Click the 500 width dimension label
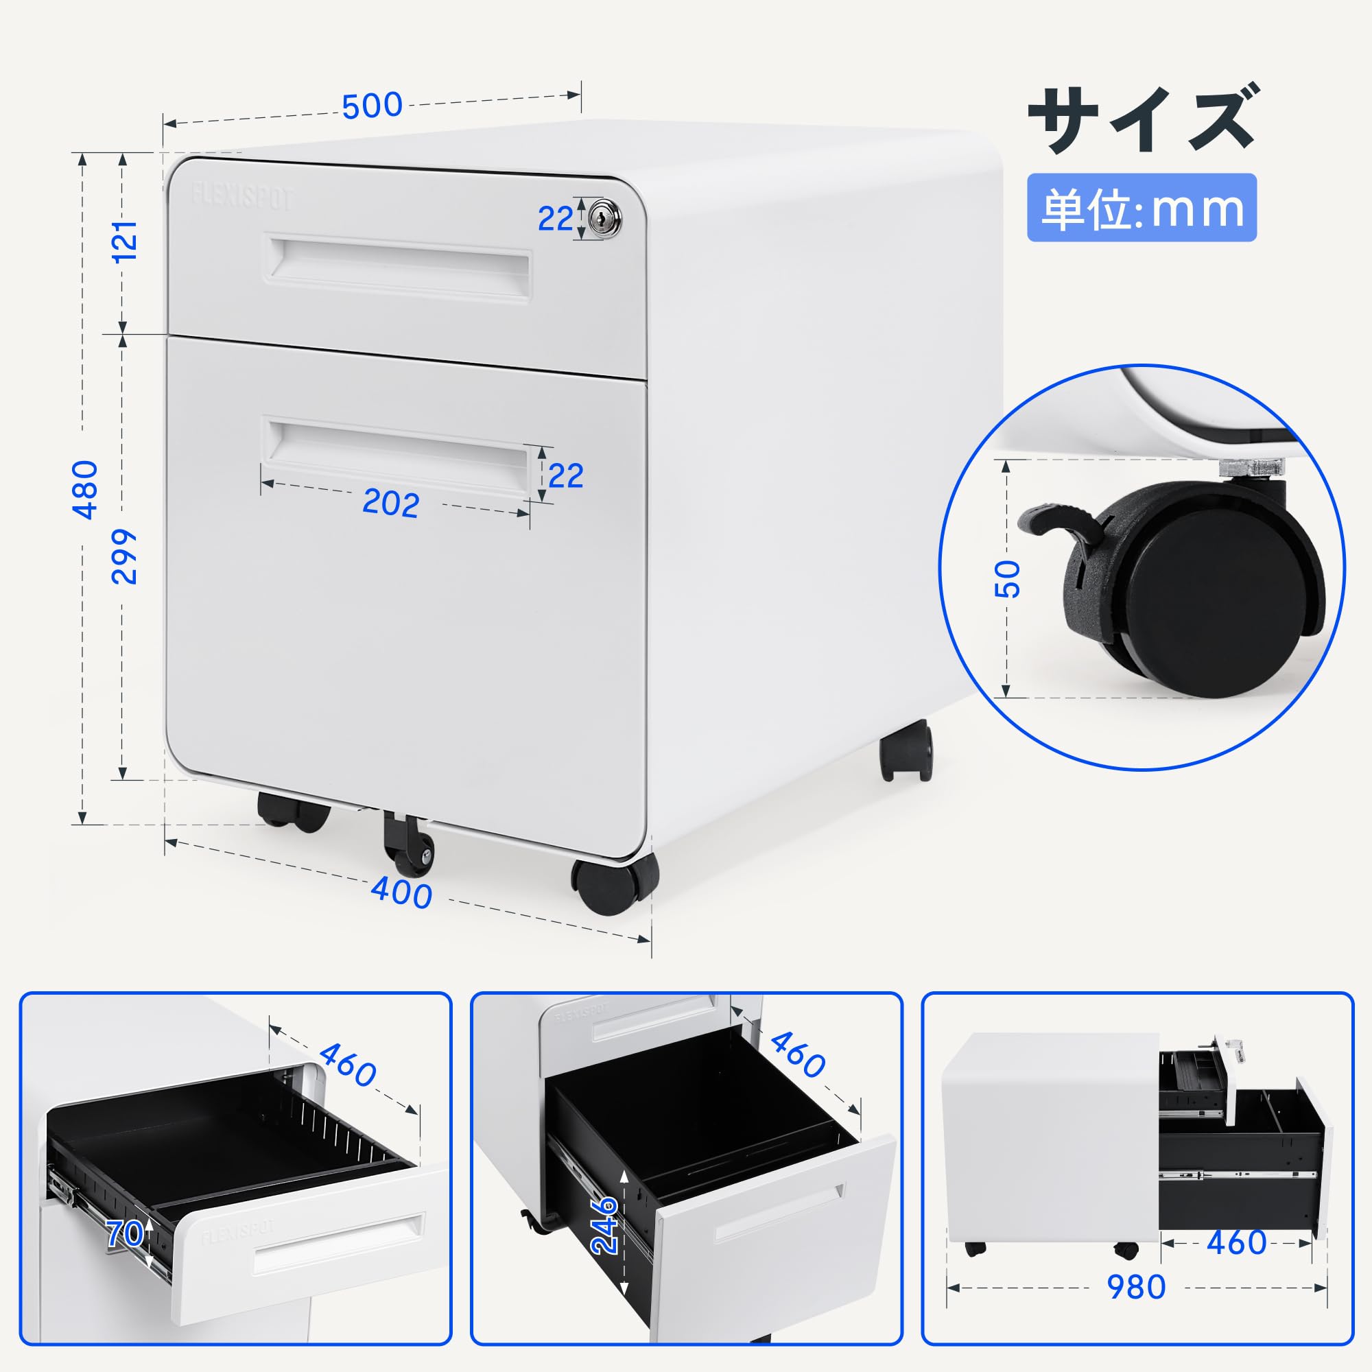coord(371,106)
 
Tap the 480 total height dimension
coord(86,489)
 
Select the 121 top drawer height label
coord(126,241)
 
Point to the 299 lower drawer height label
coord(125,556)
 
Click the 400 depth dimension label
coord(401,892)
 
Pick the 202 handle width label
coord(390,504)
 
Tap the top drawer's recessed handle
coord(399,268)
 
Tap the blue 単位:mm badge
coord(1142,208)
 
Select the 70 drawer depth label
coord(124,1233)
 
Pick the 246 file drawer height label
coord(604,1235)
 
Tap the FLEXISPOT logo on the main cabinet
coord(241,197)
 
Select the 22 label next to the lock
coord(554,219)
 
